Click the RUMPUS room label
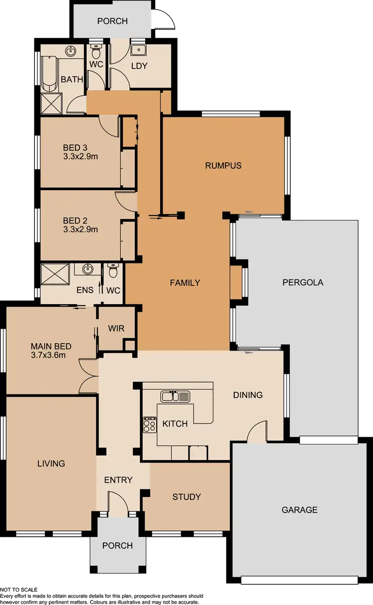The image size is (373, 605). [223, 165]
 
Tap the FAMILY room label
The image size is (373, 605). [185, 283]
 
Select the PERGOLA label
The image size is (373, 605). [303, 282]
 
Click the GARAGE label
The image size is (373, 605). [299, 510]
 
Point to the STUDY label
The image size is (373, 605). [186, 496]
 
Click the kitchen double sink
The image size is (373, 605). [175, 396]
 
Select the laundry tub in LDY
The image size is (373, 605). [138, 50]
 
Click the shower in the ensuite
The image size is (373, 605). [54, 274]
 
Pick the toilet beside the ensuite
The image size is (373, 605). [113, 272]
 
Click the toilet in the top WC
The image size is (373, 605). [96, 51]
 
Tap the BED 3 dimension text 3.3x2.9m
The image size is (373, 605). [80, 156]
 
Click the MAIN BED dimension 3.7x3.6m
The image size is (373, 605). [48, 355]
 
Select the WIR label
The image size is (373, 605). [115, 329]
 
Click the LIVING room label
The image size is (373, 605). [51, 463]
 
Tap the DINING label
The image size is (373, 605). [248, 395]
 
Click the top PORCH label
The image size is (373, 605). [112, 21]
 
